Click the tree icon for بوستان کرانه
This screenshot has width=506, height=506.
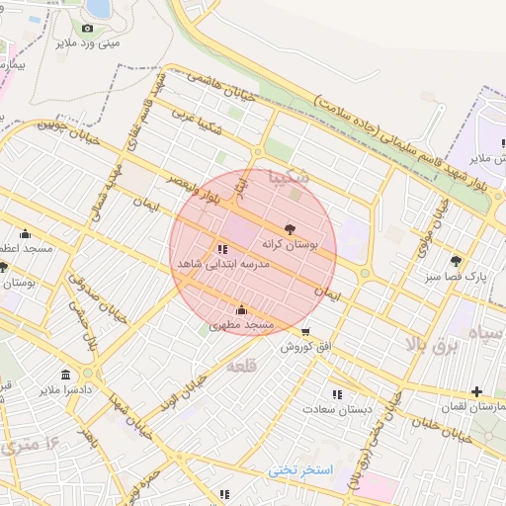pos(289,227)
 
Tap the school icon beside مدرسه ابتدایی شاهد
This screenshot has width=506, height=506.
pos(222,250)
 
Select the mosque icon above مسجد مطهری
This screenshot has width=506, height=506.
pos(242,310)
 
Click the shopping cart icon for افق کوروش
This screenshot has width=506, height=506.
pos(305,332)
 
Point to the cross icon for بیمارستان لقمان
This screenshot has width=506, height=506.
pos(477,392)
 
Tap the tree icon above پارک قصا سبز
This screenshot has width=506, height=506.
pos(456,262)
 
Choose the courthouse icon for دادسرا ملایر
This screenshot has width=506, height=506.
pos(65,375)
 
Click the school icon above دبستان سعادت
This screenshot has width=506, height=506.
pos(338,393)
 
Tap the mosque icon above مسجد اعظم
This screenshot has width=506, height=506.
pos(25,234)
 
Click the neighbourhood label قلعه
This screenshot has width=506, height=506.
pos(242,367)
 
